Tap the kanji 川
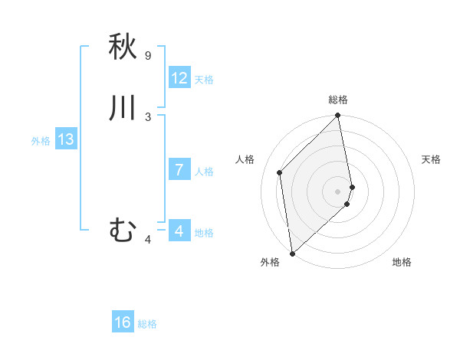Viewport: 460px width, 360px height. (x=123, y=108)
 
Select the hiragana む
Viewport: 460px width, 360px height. (x=123, y=229)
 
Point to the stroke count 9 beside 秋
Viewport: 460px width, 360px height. (x=148, y=56)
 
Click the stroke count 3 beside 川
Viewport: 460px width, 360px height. (x=148, y=116)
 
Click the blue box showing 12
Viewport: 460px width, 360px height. (x=179, y=78)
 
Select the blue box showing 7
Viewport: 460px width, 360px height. (x=179, y=170)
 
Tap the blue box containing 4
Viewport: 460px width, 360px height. (x=179, y=231)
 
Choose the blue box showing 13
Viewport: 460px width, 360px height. (x=66, y=139)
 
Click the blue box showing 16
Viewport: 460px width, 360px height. (x=123, y=322)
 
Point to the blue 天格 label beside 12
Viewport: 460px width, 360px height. (x=204, y=80)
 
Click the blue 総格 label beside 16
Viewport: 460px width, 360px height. (x=147, y=324)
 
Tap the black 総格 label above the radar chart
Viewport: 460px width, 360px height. (x=338, y=100)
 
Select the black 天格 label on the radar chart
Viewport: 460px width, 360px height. (x=431, y=159)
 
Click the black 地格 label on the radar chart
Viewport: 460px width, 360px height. (x=402, y=262)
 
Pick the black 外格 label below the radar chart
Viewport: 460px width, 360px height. (x=270, y=262)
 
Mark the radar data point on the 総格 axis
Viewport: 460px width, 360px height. (x=338, y=116)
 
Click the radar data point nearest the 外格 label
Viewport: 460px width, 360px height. (x=292, y=253)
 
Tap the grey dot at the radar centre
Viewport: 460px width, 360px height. (x=338, y=191)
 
